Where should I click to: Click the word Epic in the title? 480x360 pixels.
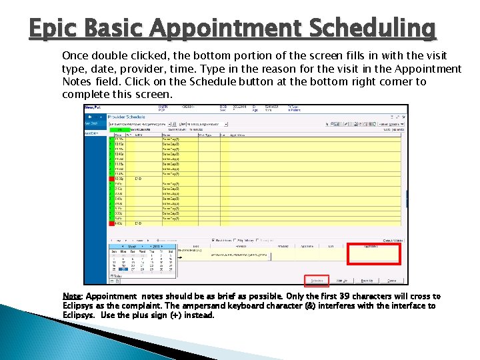tap(53, 28)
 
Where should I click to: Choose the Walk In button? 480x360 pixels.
tap(342, 281)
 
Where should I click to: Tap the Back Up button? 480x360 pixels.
tap(367, 281)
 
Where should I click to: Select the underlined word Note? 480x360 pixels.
tap(71, 297)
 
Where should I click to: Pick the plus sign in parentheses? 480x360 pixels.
tap(175, 315)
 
